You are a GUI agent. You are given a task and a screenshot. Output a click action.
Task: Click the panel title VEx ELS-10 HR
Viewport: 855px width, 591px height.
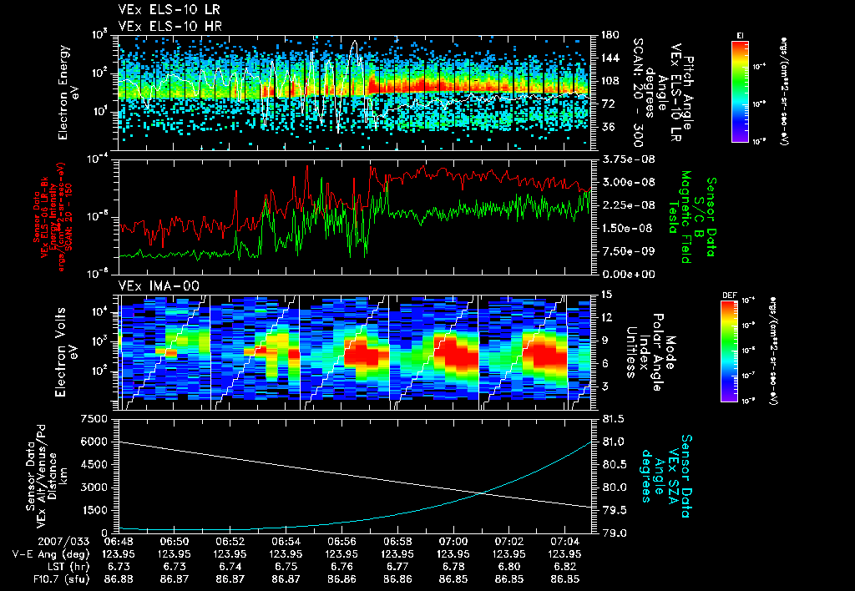pyautogui.click(x=163, y=26)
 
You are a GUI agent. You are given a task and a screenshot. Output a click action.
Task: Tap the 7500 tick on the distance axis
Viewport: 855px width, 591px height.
pyautogui.click(x=97, y=418)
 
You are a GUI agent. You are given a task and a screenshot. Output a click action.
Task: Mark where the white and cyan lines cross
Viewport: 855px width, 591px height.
pyautogui.click(x=483, y=492)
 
